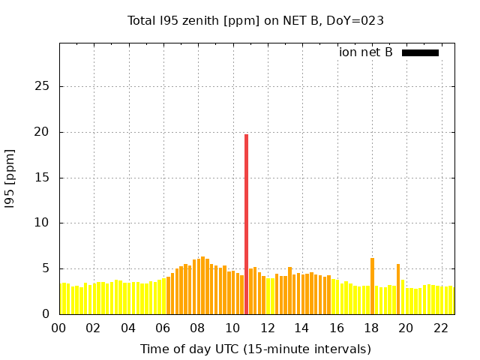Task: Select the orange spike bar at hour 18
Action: [x=372, y=286]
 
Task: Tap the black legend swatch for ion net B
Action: [x=420, y=52]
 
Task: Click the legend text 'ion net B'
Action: [x=366, y=52]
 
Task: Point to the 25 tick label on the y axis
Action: [x=43, y=86]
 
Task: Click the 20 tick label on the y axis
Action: [x=43, y=132]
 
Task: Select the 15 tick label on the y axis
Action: [x=43, y=178]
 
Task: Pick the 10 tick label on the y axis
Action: [x=43, y=223]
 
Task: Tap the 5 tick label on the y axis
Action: [x=46, y=268]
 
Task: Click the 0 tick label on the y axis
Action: [x=46, y=314]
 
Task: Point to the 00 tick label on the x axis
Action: [x=59, y=328]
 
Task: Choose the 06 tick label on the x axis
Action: [x=163, y=328]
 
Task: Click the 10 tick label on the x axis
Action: [x=232, y=328]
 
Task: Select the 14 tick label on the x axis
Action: [x=301, y=328]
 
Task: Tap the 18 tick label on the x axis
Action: [x=371, y=328]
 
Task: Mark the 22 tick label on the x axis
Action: [x=440, y=328]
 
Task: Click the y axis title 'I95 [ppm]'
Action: [x=10, y=178]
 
